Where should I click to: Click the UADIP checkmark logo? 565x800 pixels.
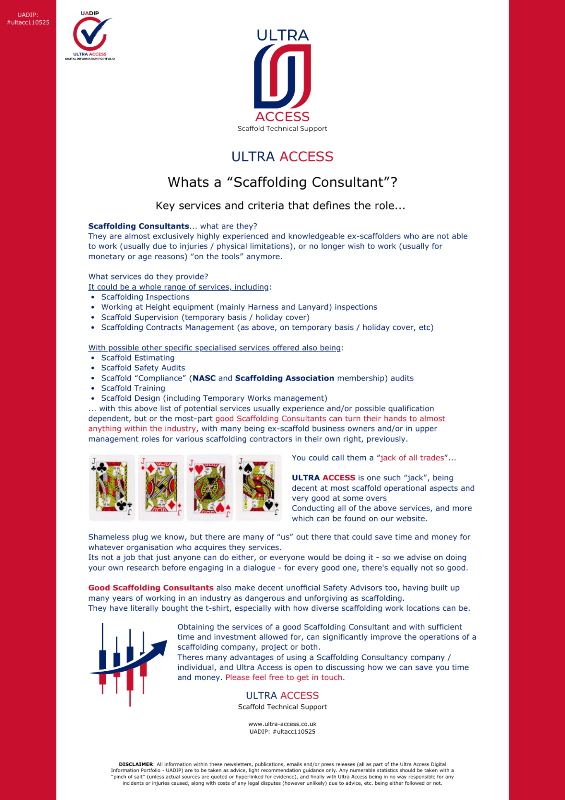point(90,35)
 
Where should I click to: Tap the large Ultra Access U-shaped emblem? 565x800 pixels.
point(282,76)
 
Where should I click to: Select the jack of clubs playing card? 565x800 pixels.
point(112,487)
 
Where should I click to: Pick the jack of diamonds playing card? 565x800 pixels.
point(161,487)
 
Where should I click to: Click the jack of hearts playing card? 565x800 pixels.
point(210,487)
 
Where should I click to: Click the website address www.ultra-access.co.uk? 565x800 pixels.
point(282,724)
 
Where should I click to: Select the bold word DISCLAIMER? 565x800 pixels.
point(136,764)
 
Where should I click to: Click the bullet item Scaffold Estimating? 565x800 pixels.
point(138,358)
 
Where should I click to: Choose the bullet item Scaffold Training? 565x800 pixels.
point(133,388)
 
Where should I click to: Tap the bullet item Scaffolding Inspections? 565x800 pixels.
point(145,297)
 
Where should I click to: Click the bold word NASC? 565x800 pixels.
point(204,378)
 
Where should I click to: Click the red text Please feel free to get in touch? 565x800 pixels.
point(285,677)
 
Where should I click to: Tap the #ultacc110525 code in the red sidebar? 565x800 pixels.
point(28,23)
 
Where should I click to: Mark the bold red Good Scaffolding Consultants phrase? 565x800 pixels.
point(151,588)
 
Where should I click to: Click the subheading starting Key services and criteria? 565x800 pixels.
point(280,206)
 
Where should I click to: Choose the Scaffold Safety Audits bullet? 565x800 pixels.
point(143,368)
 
